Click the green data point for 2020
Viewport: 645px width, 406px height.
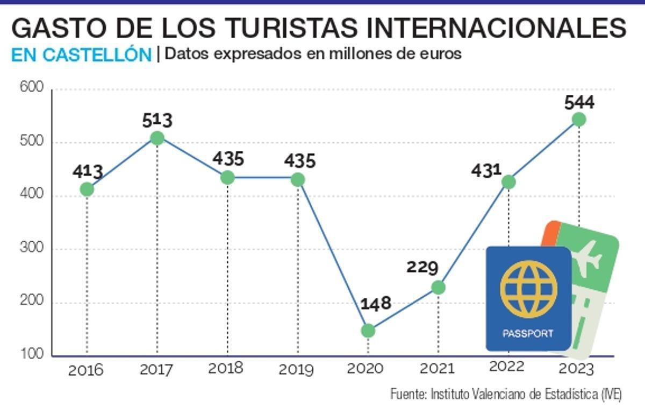tap(368, 331)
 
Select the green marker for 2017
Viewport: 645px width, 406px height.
tap(157, 138)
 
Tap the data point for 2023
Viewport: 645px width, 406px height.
tap(579, 120)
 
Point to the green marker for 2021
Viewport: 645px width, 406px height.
tap(439, 288)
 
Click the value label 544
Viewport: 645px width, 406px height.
tap(579, 102)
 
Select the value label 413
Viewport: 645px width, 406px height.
tap(88, 172)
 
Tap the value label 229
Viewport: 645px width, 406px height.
tap(422, 267)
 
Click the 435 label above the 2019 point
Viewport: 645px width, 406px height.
tap(300, 160)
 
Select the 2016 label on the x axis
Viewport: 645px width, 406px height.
tap(85, 370)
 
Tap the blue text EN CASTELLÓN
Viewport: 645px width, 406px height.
tap(81, 55)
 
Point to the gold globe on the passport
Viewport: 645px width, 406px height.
tap(528, 288)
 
